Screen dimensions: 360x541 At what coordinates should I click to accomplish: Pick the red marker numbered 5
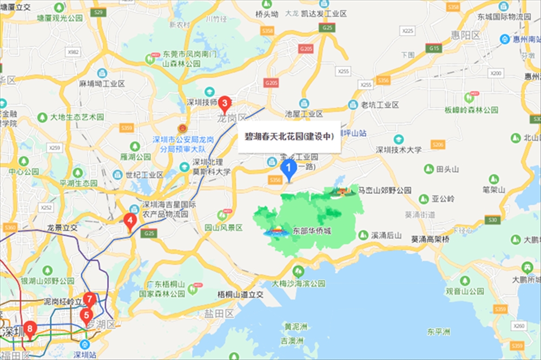click(x=86, y=315)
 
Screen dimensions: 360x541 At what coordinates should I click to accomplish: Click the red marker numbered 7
click(x=90, y=299)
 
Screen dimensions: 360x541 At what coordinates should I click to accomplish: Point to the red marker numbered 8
click(x=30, y=328)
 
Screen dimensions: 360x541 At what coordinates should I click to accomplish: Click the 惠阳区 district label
click(x=466, y=35)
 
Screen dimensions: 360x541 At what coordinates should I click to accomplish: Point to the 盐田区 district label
click(x=219, y=313)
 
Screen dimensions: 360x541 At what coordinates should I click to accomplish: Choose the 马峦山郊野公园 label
click(x=385, y=191)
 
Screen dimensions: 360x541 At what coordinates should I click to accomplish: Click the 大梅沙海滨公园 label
click(x=299, y=283)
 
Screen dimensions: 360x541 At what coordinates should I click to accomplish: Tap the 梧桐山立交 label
click(x=240, y=294)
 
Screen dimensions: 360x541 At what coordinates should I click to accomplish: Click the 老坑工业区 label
click(x=380, y=105)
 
